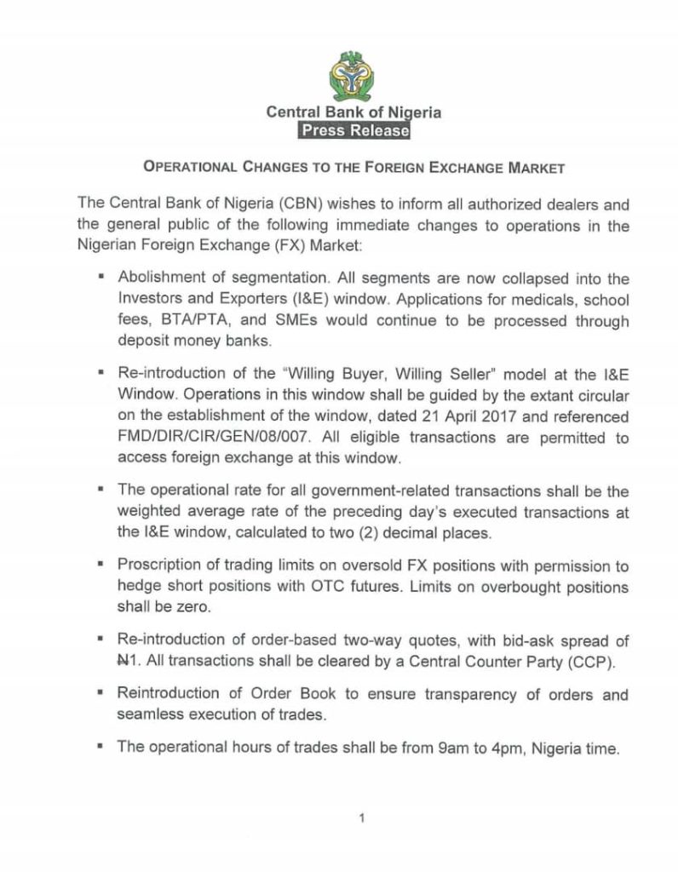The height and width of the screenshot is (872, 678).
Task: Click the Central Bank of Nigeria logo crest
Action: pyautogui.click(x=353, y=75)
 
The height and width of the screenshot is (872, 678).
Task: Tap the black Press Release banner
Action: pyautogui.click(x=353, y=130)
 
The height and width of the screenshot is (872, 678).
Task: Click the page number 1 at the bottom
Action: pyautogui.click(x=362, y=818)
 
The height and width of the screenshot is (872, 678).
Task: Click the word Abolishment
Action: pyautogui.click(x=160, y=278)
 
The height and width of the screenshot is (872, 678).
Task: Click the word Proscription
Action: pyautogui.click(x=158, y=566)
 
